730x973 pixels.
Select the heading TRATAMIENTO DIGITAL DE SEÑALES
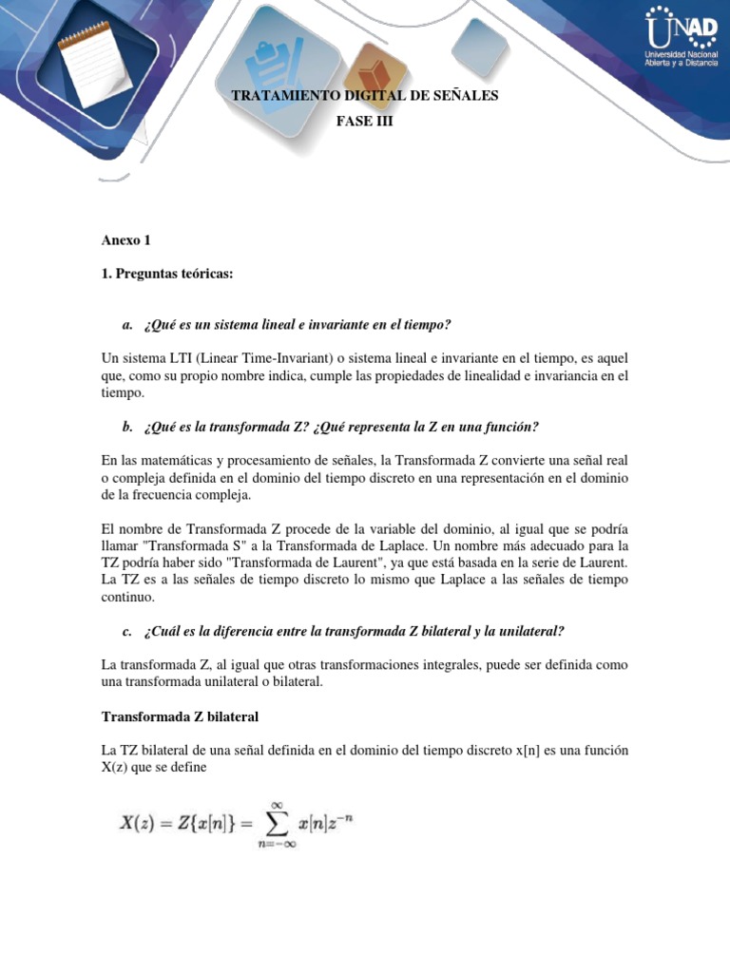click(364, 96)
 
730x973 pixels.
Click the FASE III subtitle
click(364, 122)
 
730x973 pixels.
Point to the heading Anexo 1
click(125, 239)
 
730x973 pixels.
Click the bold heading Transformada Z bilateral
click(180, 716)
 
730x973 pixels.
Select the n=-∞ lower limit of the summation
click(278, 844)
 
